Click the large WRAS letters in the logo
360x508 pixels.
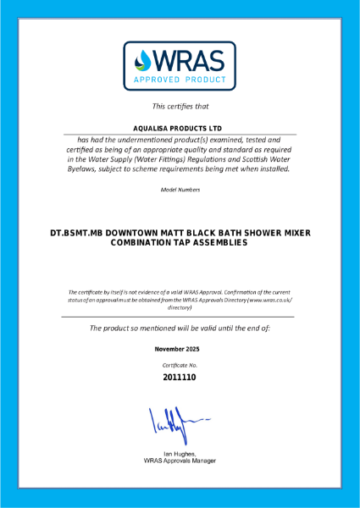pos(189,59)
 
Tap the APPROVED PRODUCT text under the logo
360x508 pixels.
pos(180,82)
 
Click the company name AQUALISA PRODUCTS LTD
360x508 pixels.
pos(180,129)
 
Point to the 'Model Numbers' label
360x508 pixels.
pos(180,189)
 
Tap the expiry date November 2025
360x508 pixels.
pos(180,349)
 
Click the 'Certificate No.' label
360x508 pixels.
pos(180,364)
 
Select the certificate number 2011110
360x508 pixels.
pos(180,378)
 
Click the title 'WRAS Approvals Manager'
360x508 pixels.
pos(180,461)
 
